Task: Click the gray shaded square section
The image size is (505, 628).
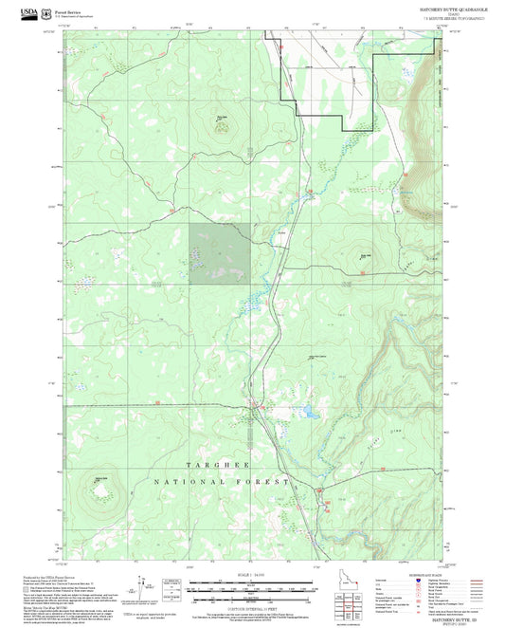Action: tap(220, 253)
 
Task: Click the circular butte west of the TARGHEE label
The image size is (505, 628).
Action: tap(99, 489)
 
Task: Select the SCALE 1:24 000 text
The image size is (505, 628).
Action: tap(253, 575)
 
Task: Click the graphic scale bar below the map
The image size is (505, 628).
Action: tap(253, 584)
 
